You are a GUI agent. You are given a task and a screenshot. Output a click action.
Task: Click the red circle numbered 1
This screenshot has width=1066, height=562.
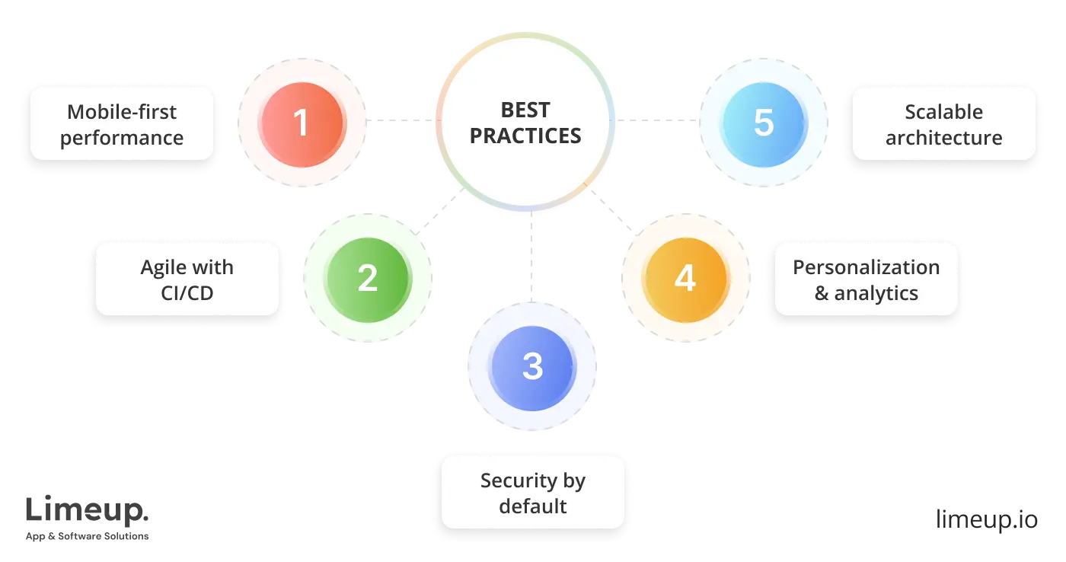302,123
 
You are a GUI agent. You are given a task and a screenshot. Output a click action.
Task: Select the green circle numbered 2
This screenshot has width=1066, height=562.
367,278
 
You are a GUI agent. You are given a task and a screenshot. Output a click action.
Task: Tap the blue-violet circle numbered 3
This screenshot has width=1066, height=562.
532,367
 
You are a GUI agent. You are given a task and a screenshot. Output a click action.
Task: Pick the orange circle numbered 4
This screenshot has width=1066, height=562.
685,278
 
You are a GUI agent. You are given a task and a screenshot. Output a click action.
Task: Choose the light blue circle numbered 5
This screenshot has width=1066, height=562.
763,123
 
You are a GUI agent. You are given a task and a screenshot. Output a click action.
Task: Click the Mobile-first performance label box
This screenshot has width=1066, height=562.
122,124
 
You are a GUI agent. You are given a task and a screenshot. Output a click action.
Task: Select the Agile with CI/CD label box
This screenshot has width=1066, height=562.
187,279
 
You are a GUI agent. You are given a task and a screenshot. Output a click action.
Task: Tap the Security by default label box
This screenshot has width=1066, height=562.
533,493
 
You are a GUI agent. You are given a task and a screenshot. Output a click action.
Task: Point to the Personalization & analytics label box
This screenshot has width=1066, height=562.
866,279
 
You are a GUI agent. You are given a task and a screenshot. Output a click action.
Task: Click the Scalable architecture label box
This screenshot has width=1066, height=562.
943,124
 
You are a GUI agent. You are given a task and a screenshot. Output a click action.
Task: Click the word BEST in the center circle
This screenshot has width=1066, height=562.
525,110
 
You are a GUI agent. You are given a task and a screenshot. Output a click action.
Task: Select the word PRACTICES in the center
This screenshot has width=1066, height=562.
525,136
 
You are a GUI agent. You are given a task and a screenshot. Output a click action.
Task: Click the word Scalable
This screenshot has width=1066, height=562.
943,112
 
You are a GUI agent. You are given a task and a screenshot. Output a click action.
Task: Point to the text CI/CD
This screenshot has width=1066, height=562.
187,293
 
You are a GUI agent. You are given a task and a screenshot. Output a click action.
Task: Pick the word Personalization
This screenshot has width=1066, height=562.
866,267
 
